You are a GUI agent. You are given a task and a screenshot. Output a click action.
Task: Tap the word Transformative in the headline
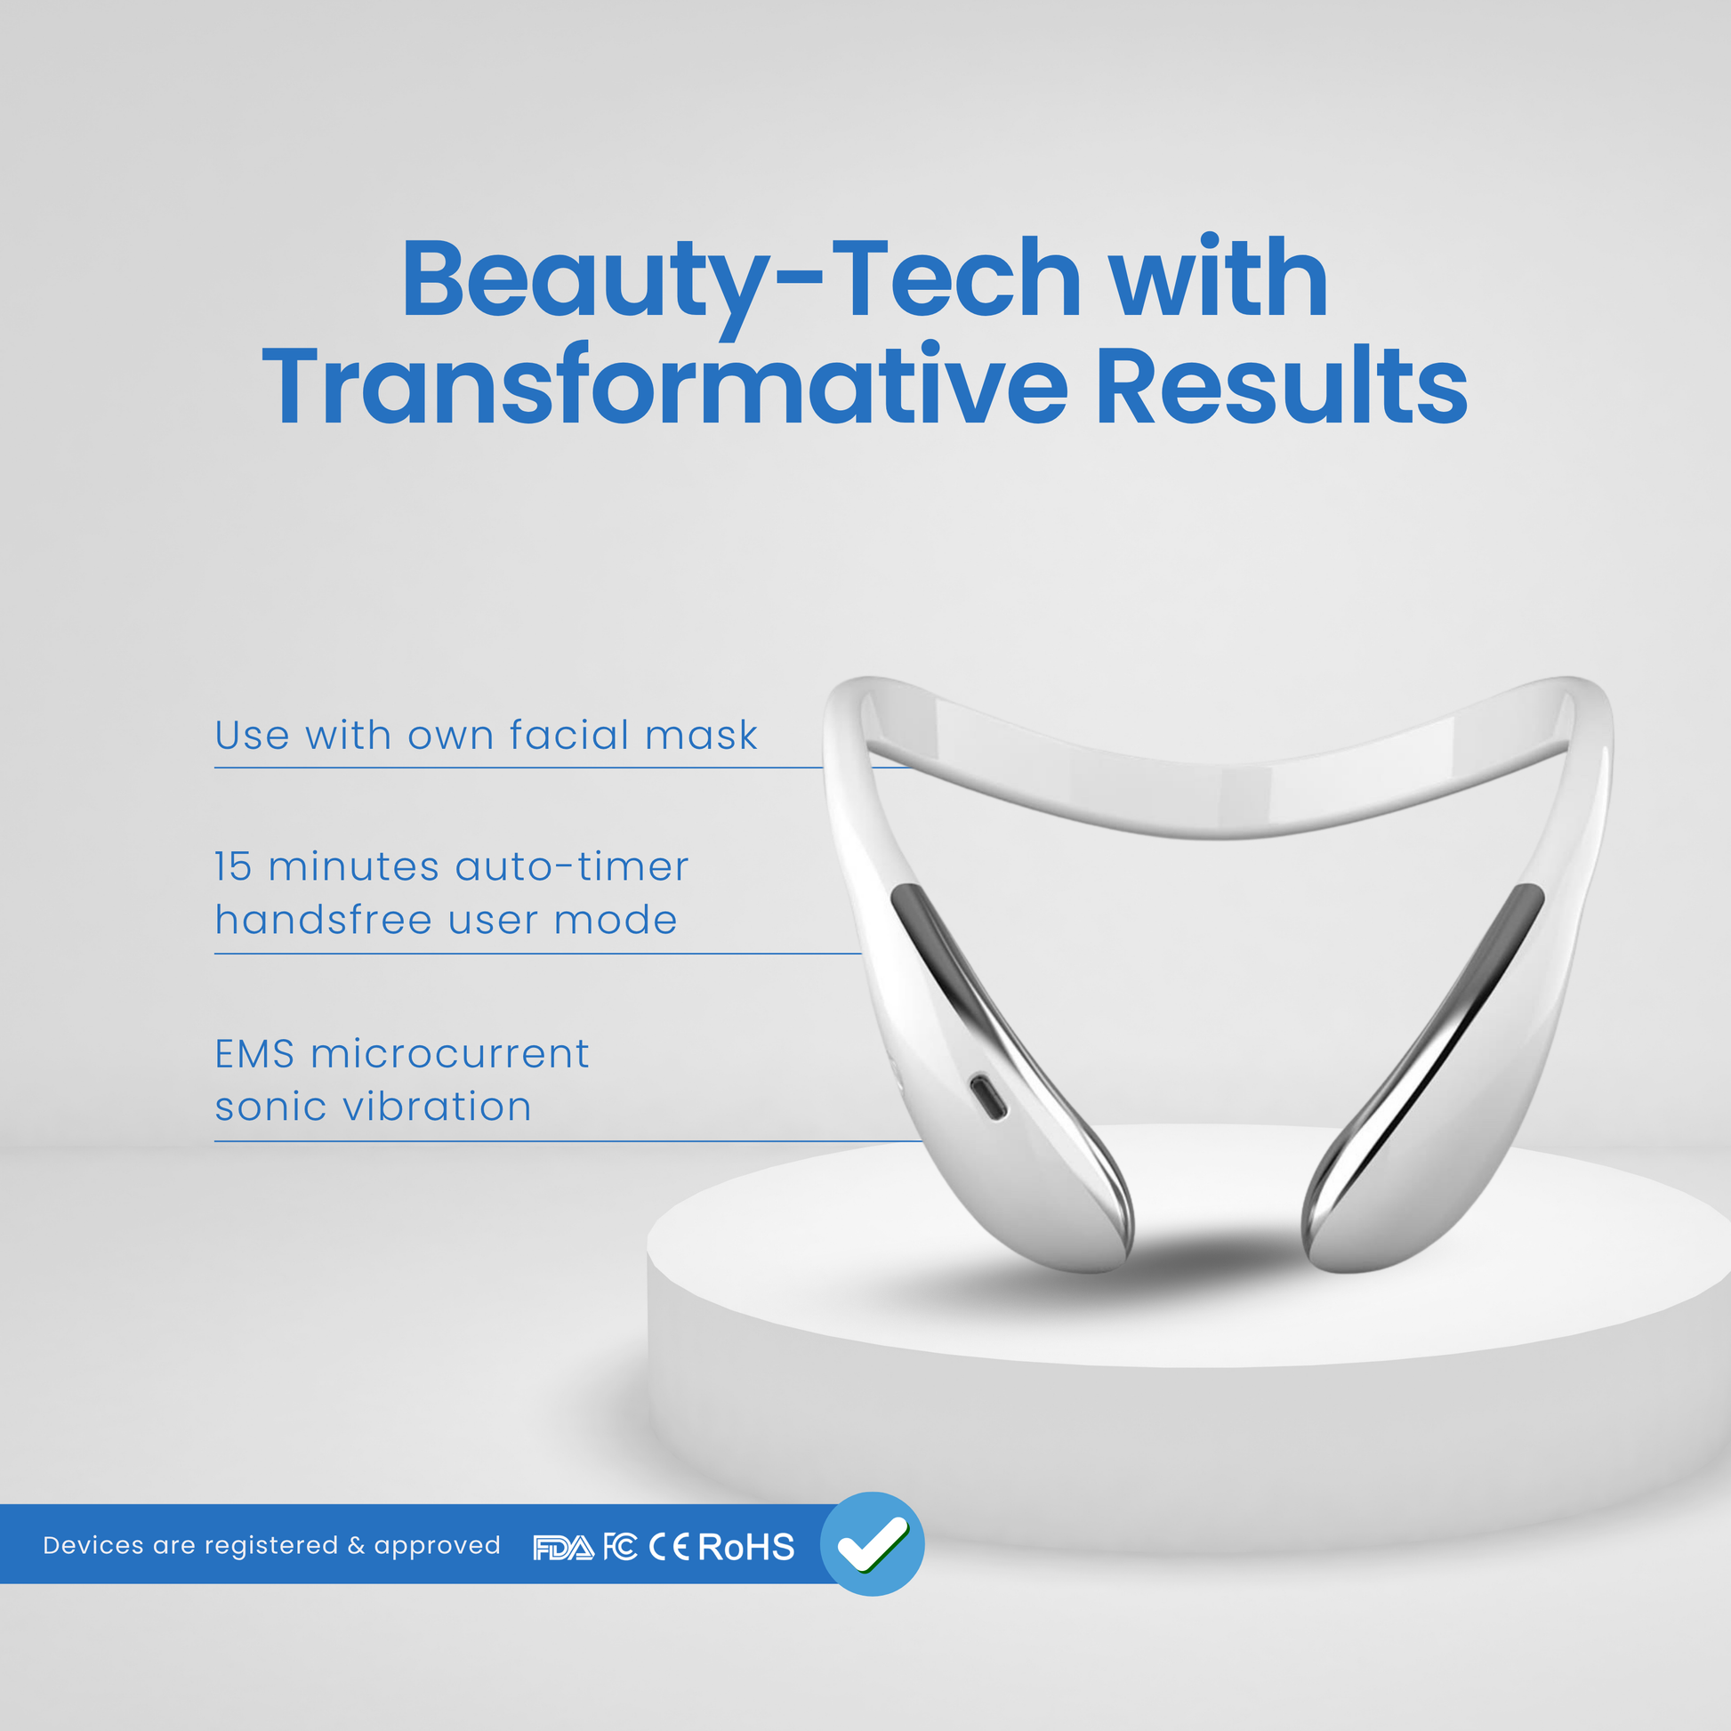(x=664, y=386)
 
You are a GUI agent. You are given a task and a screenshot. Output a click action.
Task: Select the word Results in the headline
(x=1282, y=386)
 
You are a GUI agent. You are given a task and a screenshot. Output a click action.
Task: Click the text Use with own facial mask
(x=486, y=736)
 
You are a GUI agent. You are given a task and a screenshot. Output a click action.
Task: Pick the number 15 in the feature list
(x=233, y=867)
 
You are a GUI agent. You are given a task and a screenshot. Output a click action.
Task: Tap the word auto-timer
(x=572, y=867)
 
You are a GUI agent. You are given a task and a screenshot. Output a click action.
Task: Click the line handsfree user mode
(x=447, y=920)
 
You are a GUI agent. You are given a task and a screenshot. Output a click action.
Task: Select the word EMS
(x=254, y=1055)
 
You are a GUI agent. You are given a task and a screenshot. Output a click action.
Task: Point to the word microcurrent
(x=450, y=1055)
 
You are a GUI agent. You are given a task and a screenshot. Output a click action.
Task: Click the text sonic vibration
(x=373, y=1107)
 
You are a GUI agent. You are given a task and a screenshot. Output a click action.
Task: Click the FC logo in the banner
(x=620, y=1548)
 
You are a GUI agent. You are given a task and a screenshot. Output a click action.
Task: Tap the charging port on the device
(x=988, y=1098)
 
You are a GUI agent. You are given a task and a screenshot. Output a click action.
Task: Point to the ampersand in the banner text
(x=356, y=1547)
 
